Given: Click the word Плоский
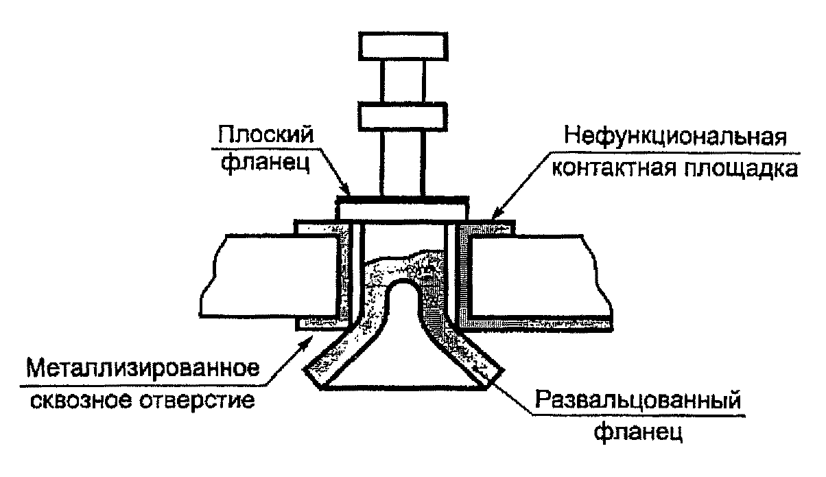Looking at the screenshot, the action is (266, 135).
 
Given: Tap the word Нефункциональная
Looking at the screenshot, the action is (676, 137).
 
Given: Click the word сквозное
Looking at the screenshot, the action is (81, 400).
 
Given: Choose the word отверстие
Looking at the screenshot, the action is (197, 400).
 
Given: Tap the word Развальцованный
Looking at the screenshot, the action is (638, 399).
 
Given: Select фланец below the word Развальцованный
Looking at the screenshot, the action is (638, 432).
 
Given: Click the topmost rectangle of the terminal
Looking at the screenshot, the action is (403, 46).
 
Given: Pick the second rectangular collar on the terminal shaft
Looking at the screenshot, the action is (403, 117).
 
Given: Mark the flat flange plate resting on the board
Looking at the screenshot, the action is (402, 209).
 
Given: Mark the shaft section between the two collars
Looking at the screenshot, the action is (403, 82).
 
